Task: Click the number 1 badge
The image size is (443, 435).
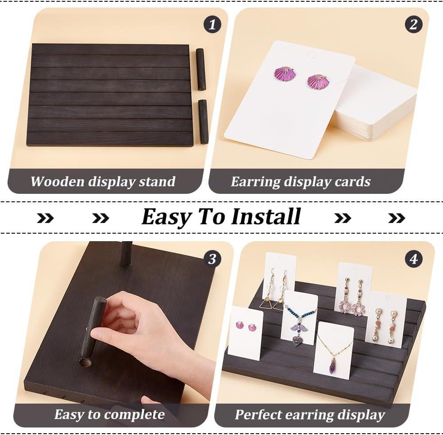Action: (212, 25)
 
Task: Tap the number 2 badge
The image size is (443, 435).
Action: (414, 25)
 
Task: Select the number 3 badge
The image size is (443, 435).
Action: (212, 259)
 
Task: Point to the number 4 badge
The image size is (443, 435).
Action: (414, 259)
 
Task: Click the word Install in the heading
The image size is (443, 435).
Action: (266, 217)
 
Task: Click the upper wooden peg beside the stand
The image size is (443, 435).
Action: (201, 69)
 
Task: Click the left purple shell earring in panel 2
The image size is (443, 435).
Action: (284, 73)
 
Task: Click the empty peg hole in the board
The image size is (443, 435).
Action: (85, 362)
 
